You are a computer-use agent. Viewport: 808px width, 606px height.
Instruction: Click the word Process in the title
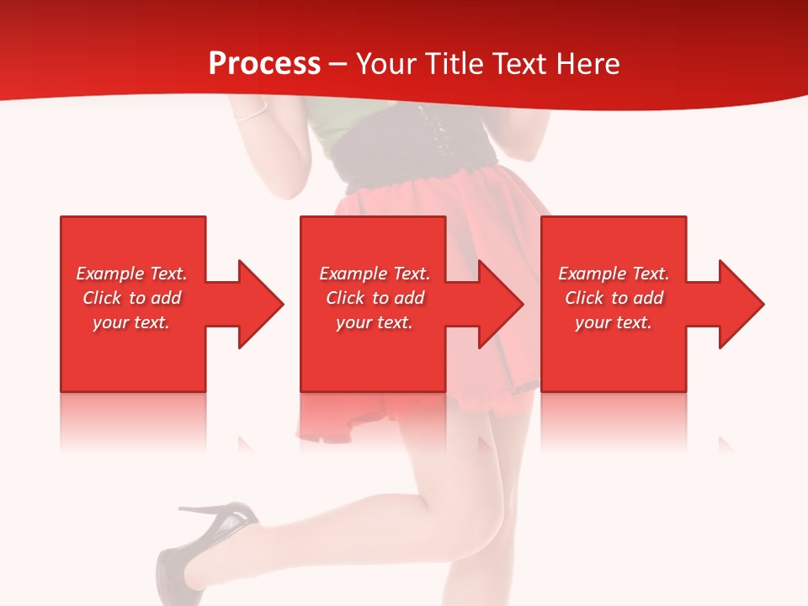tap(264, 63)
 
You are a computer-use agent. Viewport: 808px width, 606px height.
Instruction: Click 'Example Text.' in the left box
tap(131, 274)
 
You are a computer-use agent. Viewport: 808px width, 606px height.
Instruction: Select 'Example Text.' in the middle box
tap(375, 274)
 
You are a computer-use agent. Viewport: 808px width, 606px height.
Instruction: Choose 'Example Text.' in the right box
tap(614, 274)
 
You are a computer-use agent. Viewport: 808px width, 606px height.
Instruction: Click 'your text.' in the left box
tap(131, 322)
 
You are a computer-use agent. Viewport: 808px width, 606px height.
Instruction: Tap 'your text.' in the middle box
tap(375, 322)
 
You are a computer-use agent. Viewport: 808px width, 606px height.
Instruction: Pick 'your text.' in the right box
tap(614, 322)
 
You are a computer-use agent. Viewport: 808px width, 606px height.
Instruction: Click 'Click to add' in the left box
tap(131, 298)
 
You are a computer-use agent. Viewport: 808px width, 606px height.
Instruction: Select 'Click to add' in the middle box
tap(375, 298)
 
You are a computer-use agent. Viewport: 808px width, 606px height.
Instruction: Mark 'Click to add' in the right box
tap(614, 298)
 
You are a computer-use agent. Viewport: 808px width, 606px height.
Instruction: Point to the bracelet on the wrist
tap(251, 114)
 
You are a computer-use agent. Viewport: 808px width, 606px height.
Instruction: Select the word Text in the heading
tap(522, 63)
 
